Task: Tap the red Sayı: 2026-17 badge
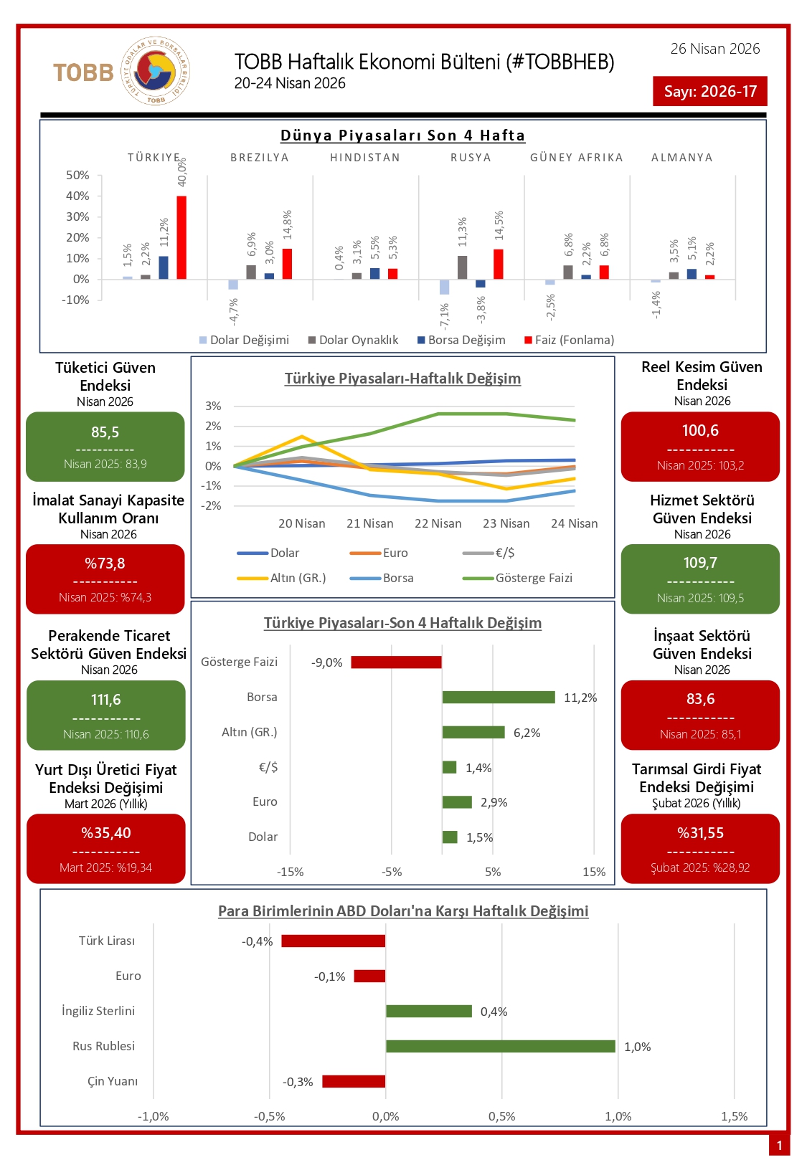[709, 91]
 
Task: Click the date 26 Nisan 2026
[714, 49]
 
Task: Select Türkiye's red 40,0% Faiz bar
[181, 237]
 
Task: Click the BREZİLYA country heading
[259, 158]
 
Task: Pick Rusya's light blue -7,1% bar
[445, 287]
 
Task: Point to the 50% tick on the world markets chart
[77, 175]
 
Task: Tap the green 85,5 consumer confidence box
[105, 446]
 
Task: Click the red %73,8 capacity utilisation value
[105, 564]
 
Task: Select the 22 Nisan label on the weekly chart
[438, 523]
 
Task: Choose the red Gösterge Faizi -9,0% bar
[396, 662]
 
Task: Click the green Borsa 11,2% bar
[499, 697]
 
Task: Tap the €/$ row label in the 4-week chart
[268, 767]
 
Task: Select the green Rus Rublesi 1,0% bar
[500, 1046]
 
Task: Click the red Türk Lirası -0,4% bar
[333, 941]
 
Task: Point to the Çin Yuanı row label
[113, 1081]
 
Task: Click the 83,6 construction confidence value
[700, 699]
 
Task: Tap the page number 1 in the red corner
[779, 1145]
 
